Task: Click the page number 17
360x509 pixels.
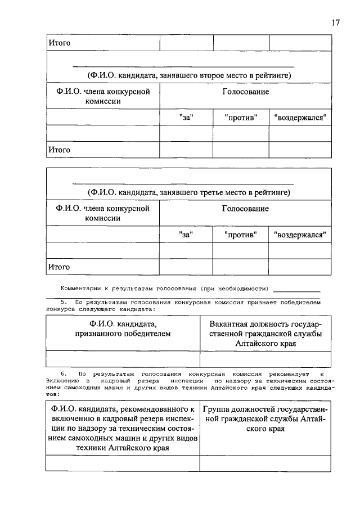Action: tap(336, 22)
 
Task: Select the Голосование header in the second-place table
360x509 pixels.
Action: tap(245, 92)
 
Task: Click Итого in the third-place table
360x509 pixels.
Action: tap(59, 267)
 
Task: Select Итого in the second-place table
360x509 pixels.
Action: tap(59, 150)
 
